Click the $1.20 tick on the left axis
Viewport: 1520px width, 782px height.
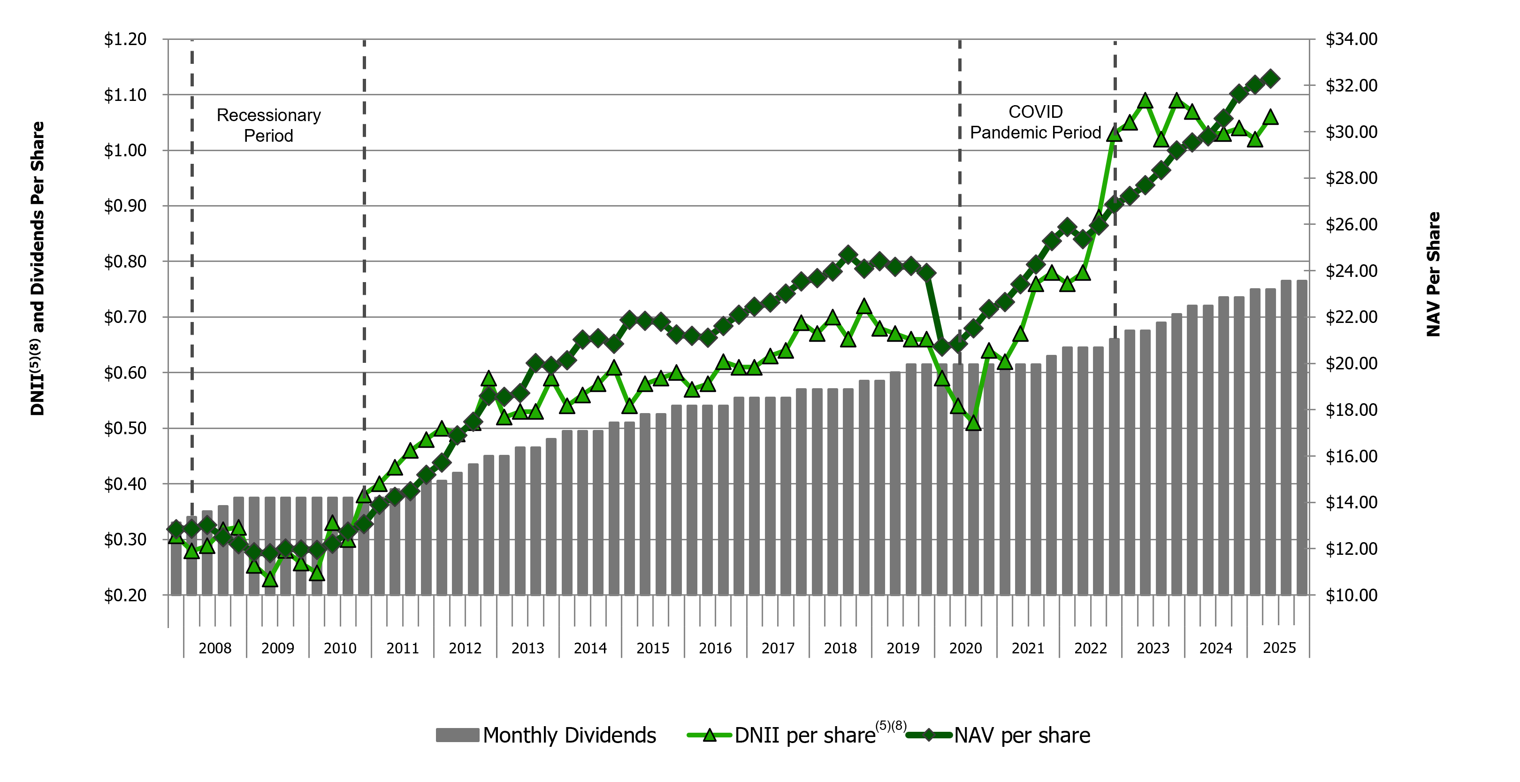125,39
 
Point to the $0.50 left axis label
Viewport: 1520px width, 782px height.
125,429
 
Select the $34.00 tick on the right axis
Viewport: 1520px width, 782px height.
1351,39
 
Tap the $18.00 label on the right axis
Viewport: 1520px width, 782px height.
1351,410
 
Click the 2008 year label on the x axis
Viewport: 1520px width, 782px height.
215,648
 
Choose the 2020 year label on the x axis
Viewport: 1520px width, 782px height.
965,648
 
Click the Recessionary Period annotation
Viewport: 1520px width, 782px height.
268,125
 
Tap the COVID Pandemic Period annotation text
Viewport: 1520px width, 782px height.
1036,122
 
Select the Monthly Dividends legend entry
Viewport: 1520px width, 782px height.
546,736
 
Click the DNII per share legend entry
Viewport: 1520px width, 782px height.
796,736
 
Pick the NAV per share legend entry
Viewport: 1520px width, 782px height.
1021,736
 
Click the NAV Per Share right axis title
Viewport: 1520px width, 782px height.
1433,275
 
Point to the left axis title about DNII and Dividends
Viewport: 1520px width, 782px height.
37,268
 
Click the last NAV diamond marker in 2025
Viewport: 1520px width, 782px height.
1271,78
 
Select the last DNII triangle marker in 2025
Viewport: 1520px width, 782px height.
1271,117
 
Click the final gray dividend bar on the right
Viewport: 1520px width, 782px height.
1302,437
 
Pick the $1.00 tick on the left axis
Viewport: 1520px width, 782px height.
125,151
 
